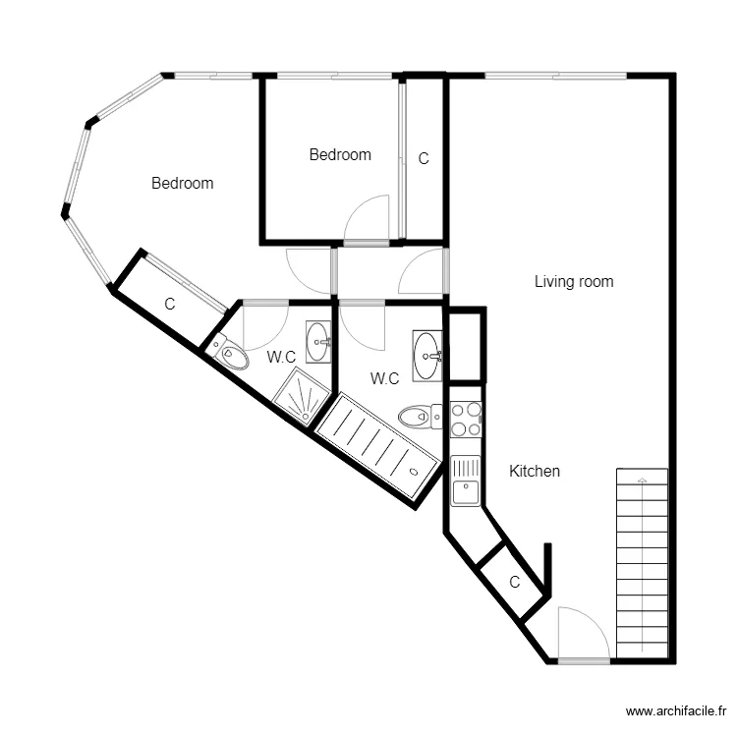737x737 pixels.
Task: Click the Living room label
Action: pyautogui.click(x=574, y=282)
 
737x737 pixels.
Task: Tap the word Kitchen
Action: pyautogui.click(x=535, y=471)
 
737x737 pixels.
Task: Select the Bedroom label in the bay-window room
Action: pyautogui.click(x=183, y=183)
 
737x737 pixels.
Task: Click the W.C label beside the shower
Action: pyautogui.click(x=281, y=358)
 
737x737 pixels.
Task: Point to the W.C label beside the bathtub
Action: pyautogui.click(x=384, y=378)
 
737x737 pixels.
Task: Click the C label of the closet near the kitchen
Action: pyautogui.click(x=515, y=582)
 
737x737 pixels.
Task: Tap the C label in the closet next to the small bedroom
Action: pyautogui.click(x=424, y=158)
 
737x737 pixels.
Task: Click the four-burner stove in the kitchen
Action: pyautogui.click(x=466, y=419)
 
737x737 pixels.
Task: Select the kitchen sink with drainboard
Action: pyautogui.click(x=466, y=481)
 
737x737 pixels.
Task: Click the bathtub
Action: pyautogui.click(x=378, y=445)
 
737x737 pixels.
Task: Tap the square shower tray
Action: pyautogui.click(x=302, y=397)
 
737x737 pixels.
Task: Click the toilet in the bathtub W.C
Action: pyautogui.click(x=420, y=417)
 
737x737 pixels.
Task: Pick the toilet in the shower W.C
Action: pyautogui.click(x=229, y=350)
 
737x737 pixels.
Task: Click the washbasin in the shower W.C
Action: pyautogui.click(x=318, y=342)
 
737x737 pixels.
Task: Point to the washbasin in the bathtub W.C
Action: pyautogui.click(x=427, y=356)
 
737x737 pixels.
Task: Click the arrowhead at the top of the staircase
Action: pyautogui.click(x=642, y=480)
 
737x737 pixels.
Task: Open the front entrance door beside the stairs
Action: pyautogui.click(x=584, y=635)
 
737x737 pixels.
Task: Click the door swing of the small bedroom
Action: pyautogui.click(x=367, y=219)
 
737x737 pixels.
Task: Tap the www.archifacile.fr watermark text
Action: pyautogui.click(x=676, y=711)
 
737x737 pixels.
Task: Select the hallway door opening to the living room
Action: pyautogui.click(x=423, y=271)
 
